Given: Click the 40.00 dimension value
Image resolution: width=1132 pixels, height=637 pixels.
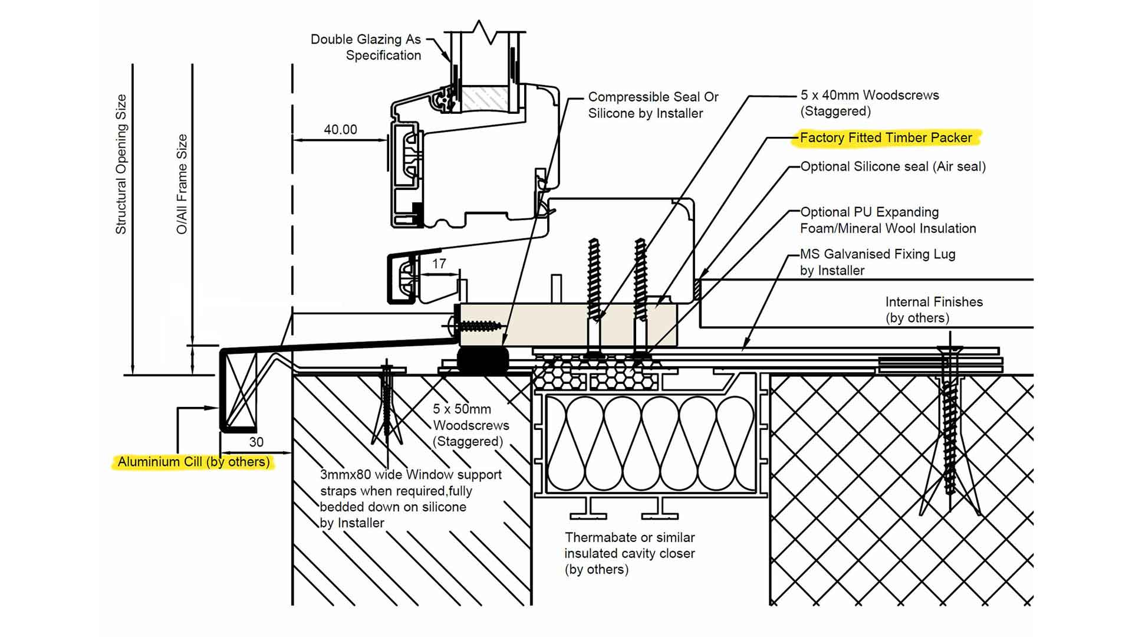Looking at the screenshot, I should [340, 129].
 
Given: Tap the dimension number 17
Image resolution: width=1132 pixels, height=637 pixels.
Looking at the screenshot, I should [439, 264].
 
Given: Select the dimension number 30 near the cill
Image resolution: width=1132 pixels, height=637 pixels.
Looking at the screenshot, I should [256, 442].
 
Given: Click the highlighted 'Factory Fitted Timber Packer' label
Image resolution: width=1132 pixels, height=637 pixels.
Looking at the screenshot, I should [886, 137].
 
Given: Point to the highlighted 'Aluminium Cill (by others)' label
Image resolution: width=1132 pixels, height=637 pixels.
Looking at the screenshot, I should [193, 462].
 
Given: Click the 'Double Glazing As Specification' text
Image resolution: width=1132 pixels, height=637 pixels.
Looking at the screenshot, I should [367, 47].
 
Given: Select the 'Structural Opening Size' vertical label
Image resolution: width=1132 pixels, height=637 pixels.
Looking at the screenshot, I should [121, 164].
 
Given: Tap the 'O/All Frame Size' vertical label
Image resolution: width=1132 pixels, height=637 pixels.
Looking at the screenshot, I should [182, 184].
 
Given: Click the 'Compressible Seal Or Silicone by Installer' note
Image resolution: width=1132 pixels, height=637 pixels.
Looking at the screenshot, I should [652, 105].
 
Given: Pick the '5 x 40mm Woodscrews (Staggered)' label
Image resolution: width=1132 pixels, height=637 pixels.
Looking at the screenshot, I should [869, 103].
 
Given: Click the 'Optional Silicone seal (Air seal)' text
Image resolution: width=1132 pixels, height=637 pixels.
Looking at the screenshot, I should [893, 166].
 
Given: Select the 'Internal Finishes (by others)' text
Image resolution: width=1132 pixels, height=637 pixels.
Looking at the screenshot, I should [933, 310].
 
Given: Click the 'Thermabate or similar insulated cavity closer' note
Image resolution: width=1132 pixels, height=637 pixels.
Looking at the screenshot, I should [629, 553].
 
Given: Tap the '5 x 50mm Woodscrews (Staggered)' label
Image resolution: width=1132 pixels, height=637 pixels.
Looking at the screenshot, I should [470, 425].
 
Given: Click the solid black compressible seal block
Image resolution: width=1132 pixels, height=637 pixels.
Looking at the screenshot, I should [483, 359].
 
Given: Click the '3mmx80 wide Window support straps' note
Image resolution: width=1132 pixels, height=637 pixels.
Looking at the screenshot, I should [410, 498].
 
